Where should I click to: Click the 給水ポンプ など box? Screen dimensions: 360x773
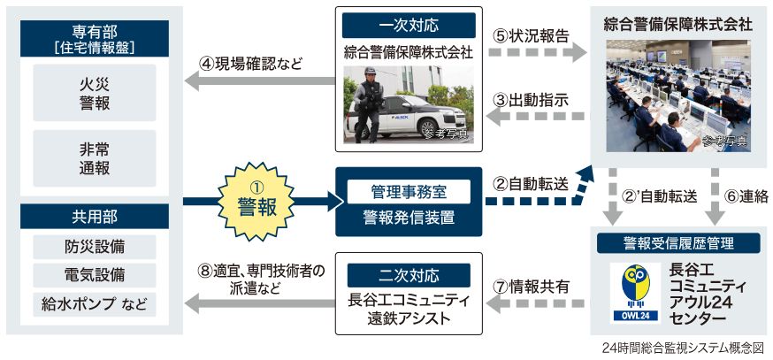click(94, 304)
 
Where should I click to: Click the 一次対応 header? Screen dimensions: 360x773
click(409, 25)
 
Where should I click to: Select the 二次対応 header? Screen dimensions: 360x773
click(409, 273)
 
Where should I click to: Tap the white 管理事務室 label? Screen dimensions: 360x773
click(409, 190)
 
